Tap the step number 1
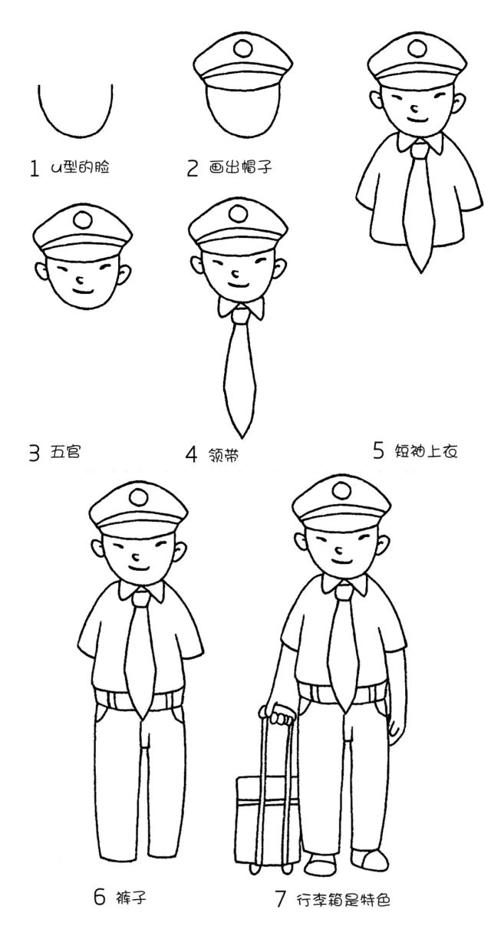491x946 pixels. click(34, 168)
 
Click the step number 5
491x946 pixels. click(378, 450)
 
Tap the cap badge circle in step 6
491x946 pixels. click(139, 497)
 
